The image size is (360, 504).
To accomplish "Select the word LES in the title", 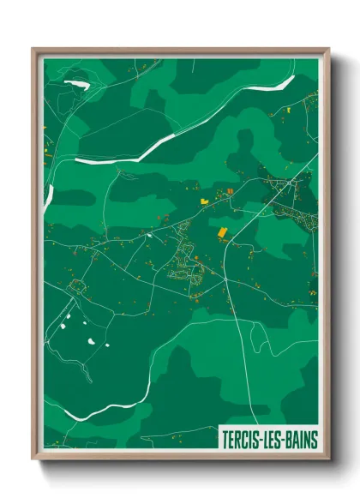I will [x=270, y=440].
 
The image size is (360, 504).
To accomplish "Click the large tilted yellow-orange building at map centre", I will [x=220, y=232].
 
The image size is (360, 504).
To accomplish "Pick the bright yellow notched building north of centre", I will [x=205, y=201].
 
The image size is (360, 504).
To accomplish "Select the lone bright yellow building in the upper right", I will [x=289, y=111].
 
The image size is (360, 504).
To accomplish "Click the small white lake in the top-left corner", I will [x=78, y=84].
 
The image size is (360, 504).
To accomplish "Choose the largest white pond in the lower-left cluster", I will [x=89, y=342].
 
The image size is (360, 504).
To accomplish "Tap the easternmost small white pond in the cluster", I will [x=107, y=345].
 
